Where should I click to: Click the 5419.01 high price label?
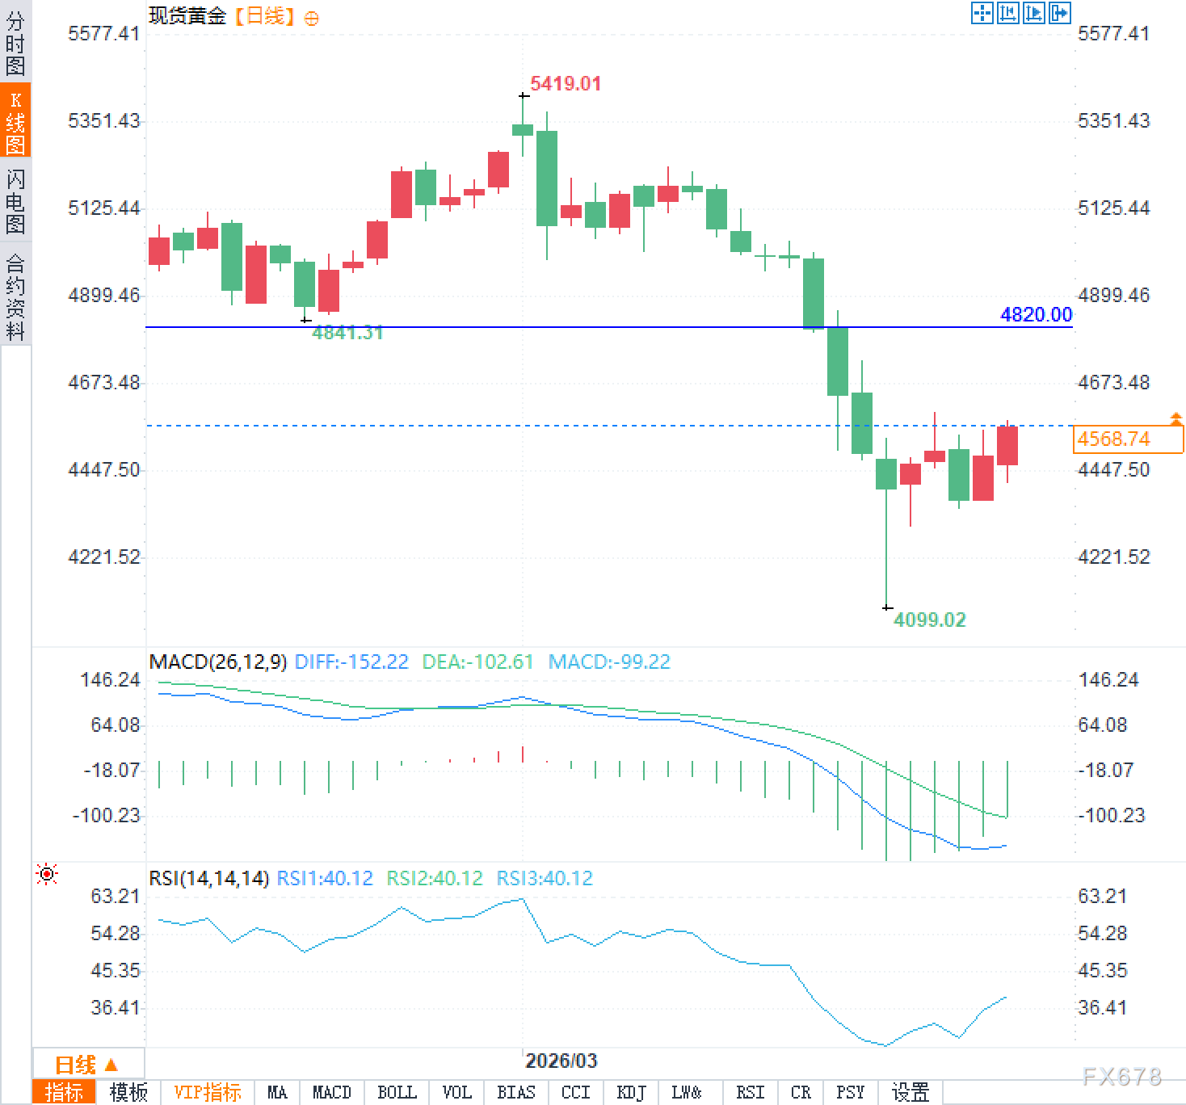click(566, 84)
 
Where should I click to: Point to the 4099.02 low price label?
click(929, 620)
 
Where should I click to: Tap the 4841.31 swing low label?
click(347, 333)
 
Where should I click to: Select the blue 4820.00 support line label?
click(1036, 315)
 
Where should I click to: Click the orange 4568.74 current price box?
click(1128, 439)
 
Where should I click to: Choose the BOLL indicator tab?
click(397, 1093)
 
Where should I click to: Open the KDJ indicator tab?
click(631, 1093)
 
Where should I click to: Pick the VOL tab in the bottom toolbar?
click(456, 1093)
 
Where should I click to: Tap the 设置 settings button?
click(911, 1093)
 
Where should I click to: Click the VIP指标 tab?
click(208, 1093)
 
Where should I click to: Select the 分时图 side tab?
click(15, 44)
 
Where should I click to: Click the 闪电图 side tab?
click(15, 201)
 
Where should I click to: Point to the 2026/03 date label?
click(561, 1061)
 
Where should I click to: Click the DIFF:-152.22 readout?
click(351, 662)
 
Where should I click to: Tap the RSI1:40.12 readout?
click(325, 878)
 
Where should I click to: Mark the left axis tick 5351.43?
click(104, 121)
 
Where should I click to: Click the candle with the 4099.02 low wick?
click(886, 474)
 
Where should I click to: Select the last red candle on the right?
click(1007, 445)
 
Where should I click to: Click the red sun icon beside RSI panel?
click(47, 874)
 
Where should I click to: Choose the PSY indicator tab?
click(850, 1093)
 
